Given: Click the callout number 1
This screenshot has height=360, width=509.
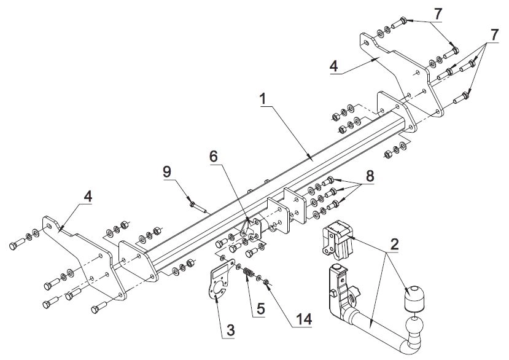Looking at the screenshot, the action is [263, 99].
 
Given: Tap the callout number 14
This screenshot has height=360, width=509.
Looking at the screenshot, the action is [303, 319].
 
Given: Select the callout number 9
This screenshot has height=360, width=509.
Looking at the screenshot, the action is [167, 172].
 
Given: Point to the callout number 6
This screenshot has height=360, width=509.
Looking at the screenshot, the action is [213, 157].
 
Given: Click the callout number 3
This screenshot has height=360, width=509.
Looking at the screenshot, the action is [230, 330].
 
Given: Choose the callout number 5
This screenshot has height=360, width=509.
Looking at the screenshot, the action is [260, 308].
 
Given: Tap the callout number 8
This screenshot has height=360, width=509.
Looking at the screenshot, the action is [370, 176].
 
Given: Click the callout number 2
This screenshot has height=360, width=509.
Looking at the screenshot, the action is [394, 245].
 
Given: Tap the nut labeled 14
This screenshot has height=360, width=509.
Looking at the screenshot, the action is [266, 282].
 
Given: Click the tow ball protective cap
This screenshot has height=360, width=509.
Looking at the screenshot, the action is [414, 299].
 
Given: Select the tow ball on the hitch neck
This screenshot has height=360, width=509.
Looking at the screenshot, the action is [414, 327].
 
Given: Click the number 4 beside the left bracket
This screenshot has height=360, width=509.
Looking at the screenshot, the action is [88, 197].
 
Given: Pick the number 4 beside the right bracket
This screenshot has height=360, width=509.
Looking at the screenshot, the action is [334, 67].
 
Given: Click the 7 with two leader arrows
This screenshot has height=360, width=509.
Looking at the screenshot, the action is [438, 14].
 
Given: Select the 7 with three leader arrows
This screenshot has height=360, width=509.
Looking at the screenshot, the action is [494, 35].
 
